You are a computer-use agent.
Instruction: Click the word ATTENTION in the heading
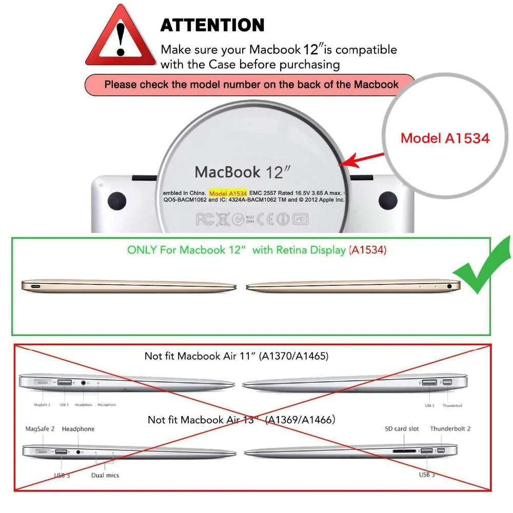click(212, 25)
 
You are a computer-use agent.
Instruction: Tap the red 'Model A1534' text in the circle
click(445, 138)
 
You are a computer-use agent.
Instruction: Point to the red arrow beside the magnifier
click(365, 159)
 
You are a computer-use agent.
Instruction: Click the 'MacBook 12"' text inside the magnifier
click(239, 172)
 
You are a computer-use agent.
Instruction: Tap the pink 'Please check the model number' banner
click(251, 84)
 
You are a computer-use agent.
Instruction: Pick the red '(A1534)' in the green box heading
click(368, 250)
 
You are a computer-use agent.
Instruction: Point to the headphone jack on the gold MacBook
click(450, 286)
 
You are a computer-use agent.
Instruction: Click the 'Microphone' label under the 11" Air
click(107, 405)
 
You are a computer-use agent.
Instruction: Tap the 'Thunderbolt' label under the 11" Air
click(451, 405)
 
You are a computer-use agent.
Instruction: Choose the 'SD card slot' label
click(402, 429)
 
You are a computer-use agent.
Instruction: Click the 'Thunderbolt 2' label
click(450, 429)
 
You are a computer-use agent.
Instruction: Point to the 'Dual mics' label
click(106, 476)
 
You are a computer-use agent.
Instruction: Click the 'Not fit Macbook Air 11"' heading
click(236, 356)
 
